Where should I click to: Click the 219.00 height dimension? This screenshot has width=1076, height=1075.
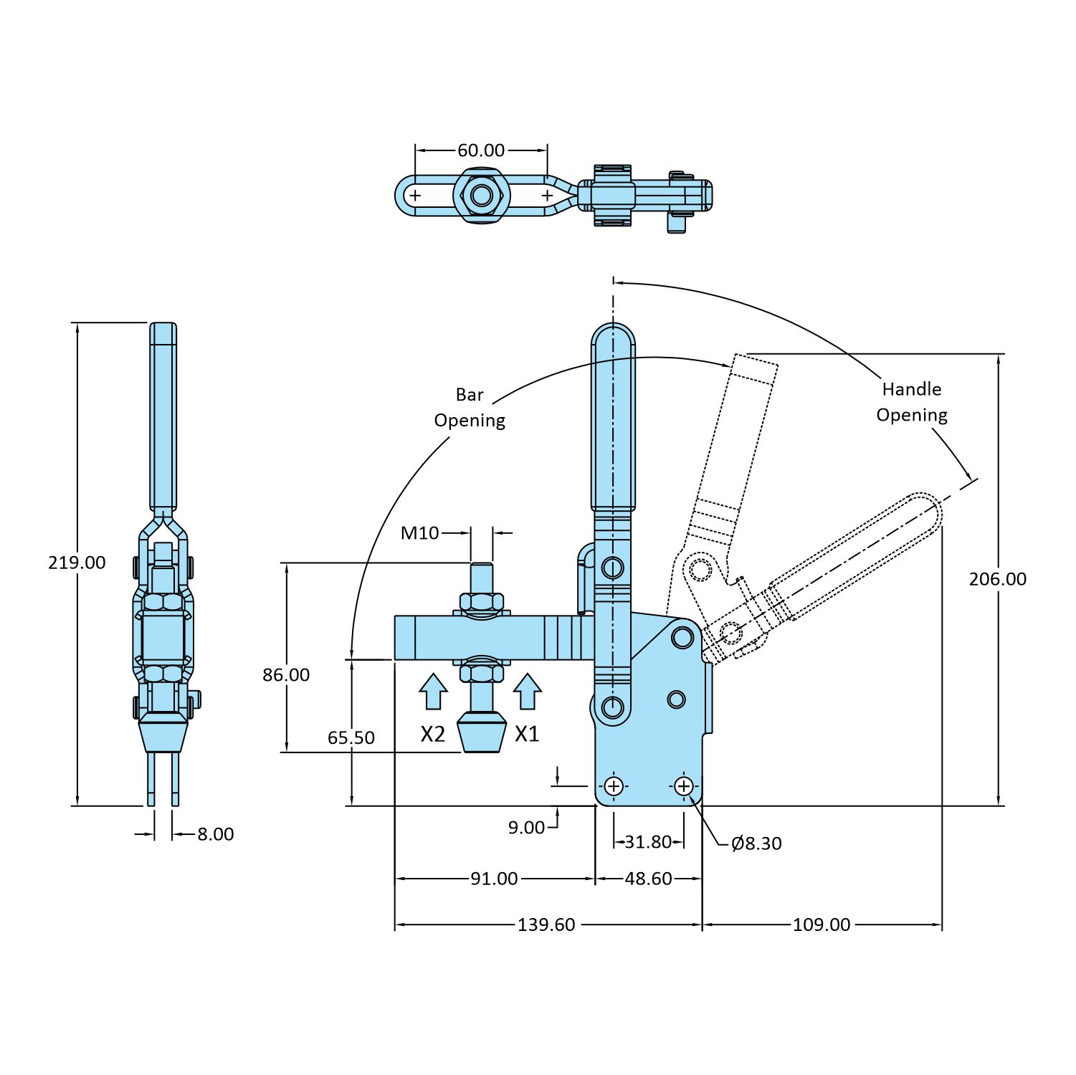pyautogui.click(x=77, y=563)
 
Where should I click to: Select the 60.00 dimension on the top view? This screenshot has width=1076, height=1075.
pyautogui.click(x=481, y=150)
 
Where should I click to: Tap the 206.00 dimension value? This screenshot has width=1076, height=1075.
pyautogui.click(x=997, y=579)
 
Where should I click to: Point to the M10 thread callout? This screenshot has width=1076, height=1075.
pyautogui.click(x=419, y=533)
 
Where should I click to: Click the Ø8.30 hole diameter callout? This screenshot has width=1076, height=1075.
pyautogui.click(x=756, y=844)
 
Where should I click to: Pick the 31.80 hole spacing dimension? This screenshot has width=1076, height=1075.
pyautogui.click(x=648, y=842)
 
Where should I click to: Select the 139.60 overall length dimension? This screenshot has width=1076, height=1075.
pyautogui.click(x=546, y=925)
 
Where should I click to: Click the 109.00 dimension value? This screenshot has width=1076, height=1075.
pyautogui.click(x=822, y=925)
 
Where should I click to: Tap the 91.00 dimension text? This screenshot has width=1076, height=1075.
pyautogui.click(x=494, y=879)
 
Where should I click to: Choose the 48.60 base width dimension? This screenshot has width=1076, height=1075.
pyautogui.click(x=648, y=879)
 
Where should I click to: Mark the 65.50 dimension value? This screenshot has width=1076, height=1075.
pyautogui.click(x=351, y=737)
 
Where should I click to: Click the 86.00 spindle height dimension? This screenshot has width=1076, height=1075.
pyautogui.click(x=286, y=675)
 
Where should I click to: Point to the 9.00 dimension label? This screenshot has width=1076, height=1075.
pyautogui.click(x=526, y=828)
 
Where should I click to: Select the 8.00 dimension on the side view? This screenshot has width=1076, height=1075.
pyautogui.click(x=215, y=834)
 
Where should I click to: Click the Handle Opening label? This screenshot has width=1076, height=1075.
pyautogui.click(x=912, y=402)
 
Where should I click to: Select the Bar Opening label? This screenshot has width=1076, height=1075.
pyautogui.click(x=470, y=408)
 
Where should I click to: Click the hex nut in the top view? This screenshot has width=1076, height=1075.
pyautogui.click(x=481, y=195)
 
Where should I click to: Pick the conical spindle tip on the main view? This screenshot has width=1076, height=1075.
pyautogui.click(x=482, y=732)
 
